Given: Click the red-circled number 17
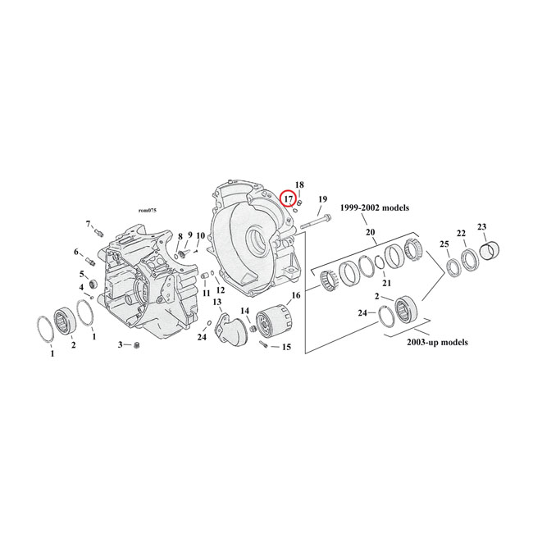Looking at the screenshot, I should click(289, 198).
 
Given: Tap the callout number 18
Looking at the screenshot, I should click(299, 185).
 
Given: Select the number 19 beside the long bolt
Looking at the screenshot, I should click(322, 199).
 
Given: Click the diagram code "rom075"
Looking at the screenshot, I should click(148, 211).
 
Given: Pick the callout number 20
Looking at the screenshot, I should click(370, 232).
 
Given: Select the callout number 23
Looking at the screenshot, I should click(481, 227).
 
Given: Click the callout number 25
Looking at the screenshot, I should click(444, 245).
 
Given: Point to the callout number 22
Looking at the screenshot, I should click(462, 233).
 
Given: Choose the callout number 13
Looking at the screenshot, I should click(218, 303).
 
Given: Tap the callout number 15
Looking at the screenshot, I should click(286, 347).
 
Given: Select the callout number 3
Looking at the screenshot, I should click(120, 345).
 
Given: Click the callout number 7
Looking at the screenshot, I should click(88, 224).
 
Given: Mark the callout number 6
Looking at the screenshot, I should click(78, 252).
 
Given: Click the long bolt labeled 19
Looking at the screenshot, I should click(316, 220).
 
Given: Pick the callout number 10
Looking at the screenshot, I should click(200, 236).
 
